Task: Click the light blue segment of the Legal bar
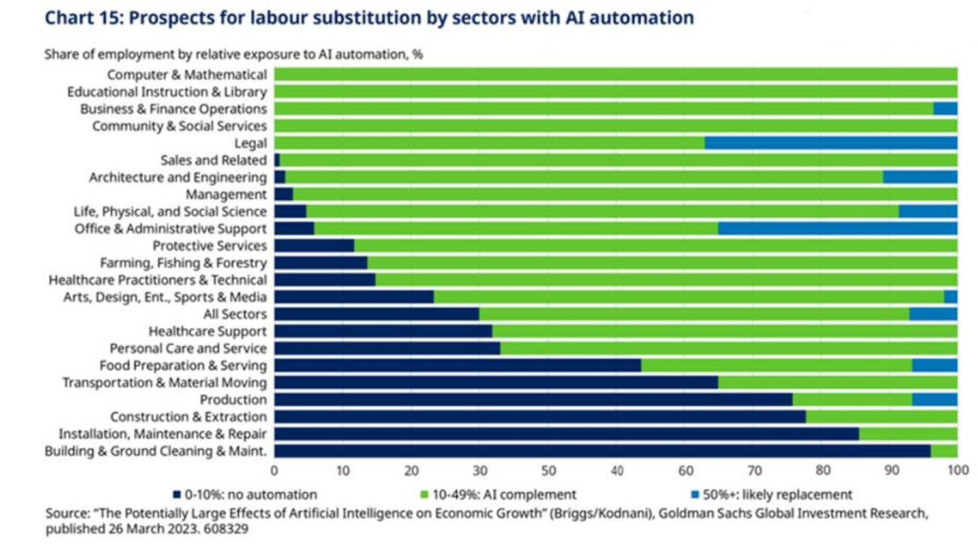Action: tap(831, 143)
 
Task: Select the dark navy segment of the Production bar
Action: tap(533, 399)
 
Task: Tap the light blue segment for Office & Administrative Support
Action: tap(838, 228)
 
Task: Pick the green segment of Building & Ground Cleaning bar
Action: tap(944, 451)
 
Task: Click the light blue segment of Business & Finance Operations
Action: tap(945, 109)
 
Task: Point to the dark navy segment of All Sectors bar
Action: tap(376, 314)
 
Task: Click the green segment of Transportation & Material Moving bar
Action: tap(838, 382)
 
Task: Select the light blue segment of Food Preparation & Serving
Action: tap(935, 365)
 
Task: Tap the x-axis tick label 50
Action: tap(549, 470)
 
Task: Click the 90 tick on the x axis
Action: tap(891, 470)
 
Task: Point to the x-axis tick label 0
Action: tap(274, 470)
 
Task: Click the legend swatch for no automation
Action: tap(177, 494)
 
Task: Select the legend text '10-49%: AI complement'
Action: tap(504, 494)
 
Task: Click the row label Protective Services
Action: tap(209, 246)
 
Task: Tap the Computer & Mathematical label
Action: tap(187, 74)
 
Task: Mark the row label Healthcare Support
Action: tap(207, 331)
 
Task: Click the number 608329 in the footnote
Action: tap(226, 529)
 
